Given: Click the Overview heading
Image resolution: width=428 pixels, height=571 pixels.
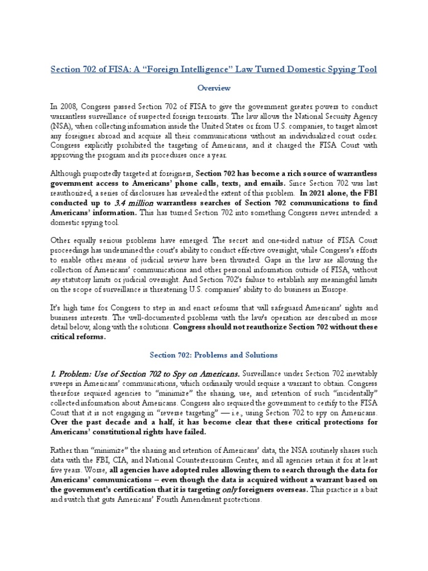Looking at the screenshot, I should point(214,88).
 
